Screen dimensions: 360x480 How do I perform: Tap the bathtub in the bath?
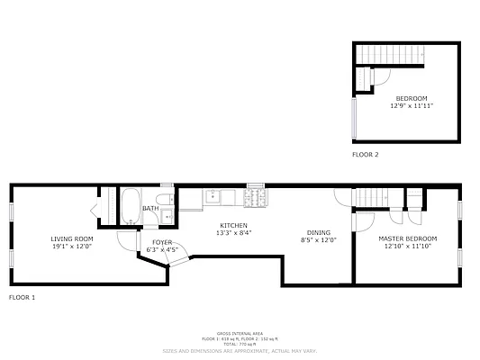click(131, 206)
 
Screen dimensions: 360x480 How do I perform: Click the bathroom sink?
click(166, 217)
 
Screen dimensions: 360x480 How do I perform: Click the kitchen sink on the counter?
click(214, 195)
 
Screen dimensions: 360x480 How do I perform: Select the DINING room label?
click(318, 232)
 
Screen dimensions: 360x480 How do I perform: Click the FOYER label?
click(162, 242)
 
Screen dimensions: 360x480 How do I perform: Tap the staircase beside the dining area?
click(371, 197)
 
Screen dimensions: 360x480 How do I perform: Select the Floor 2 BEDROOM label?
click(412, 98)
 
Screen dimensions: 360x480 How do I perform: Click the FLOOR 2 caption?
click(365, 155)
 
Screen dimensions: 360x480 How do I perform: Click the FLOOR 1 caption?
click(22, 296)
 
